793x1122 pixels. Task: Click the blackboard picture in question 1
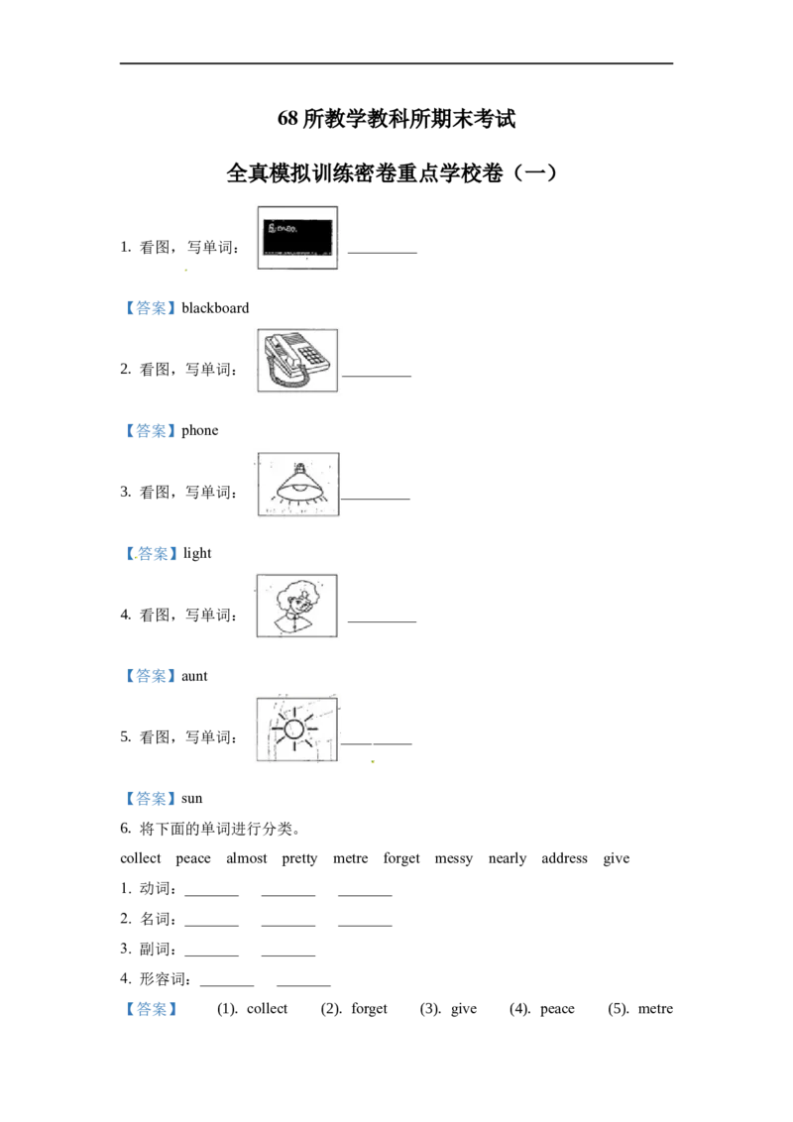point(297,238)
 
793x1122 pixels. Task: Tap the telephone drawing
point(297,361)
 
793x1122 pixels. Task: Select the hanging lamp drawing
point(298,484)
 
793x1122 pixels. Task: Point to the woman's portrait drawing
point(297,606)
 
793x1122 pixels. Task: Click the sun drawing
point(297,729)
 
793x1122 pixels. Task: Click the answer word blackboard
point(215,308)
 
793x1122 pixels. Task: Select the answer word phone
point(199,431)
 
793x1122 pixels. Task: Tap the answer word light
point(197,553)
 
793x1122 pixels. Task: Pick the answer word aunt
point(194,676)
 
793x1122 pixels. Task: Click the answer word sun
point(192,799)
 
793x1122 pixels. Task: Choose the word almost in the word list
point(247,858)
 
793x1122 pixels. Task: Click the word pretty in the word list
point(300,858)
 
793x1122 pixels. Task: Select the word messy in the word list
point(454,859)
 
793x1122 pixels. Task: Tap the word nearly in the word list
point(508,858)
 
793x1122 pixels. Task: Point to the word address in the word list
point(565,858)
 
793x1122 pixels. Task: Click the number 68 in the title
point(287,118)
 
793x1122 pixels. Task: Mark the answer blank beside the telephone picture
point(377,376)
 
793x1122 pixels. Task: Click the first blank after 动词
point(212,895)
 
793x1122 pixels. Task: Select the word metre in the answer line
point(655,1009)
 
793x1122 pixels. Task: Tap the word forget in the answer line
point(370,1009)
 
